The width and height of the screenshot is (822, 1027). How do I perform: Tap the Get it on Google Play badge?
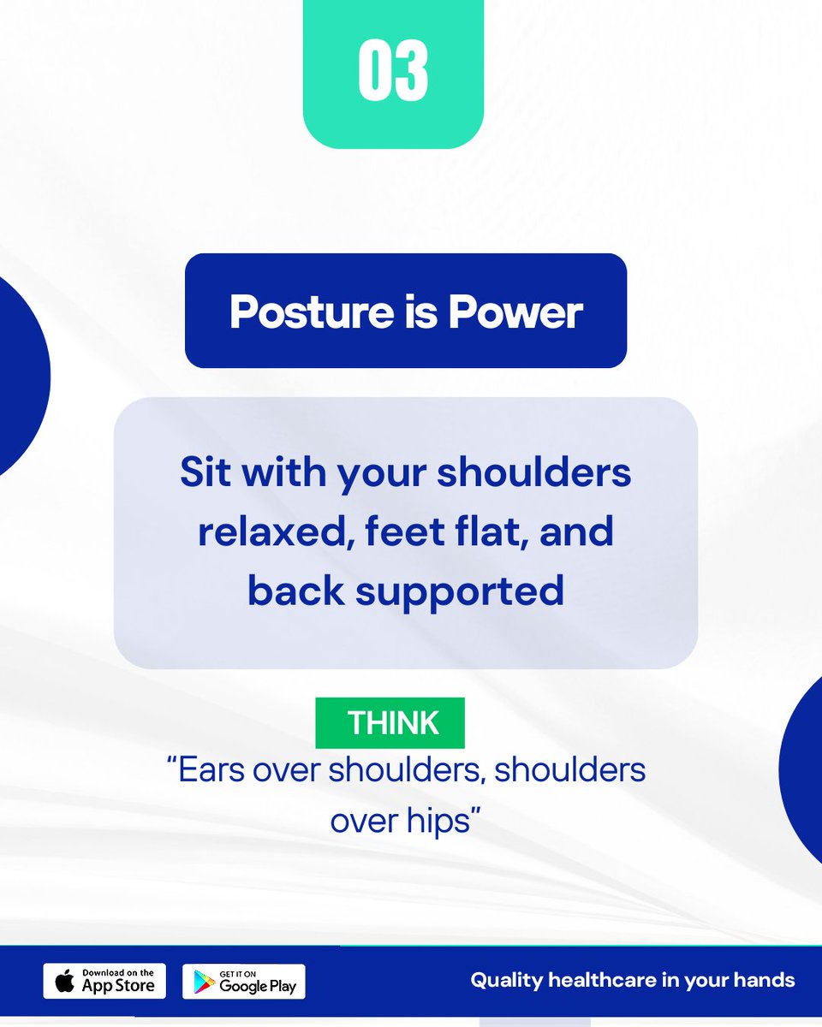coord(244,981)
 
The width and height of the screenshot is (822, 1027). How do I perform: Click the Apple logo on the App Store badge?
coord(64,981)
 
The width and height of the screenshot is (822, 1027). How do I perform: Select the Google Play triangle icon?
coord(203,982)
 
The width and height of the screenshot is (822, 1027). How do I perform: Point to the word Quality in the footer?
coord(502,980)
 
